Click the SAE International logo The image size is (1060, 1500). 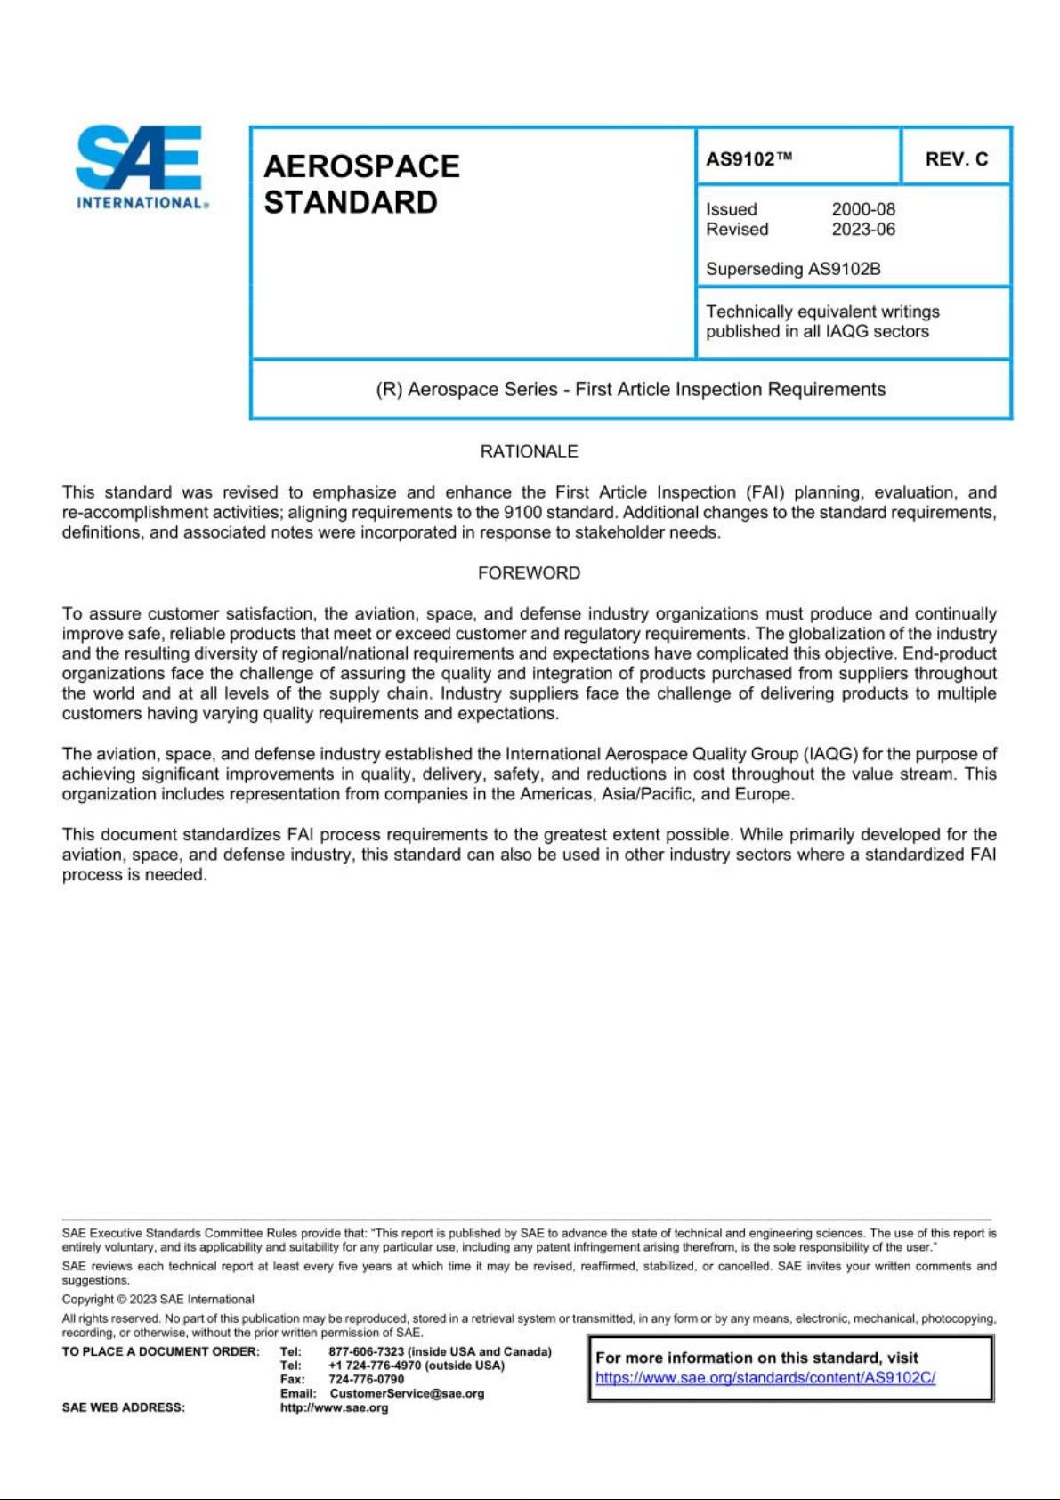[x=141, y=166]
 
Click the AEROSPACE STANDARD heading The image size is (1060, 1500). [x=361, y=184]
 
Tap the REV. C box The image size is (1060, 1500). [x=956, y=159]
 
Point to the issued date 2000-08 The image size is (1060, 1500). [x=862, y=209]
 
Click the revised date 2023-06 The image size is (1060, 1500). [x=862, y=230]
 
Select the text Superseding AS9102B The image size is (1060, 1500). [x=792, y=269]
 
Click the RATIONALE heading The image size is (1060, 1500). [x=529, y=451]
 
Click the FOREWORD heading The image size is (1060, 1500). [x=529, y=573]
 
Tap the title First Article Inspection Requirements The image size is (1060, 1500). [x=630, y=390]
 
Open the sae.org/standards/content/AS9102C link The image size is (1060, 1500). [x=765, y=1378]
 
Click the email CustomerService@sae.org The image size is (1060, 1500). [x=407, y=1393]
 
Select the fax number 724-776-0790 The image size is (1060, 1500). [x=366, y=1379]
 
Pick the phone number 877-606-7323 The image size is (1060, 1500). [x=366, y=1351]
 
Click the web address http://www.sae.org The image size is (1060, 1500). [x=334, y=1407]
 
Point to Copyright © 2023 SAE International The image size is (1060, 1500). [x=158, y=1299]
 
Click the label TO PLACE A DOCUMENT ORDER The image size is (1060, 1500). [x=160, y=1351]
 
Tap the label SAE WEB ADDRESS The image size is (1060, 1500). [x=123, y=1407]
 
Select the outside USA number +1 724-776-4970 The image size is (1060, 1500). [x=374, y=1366]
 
